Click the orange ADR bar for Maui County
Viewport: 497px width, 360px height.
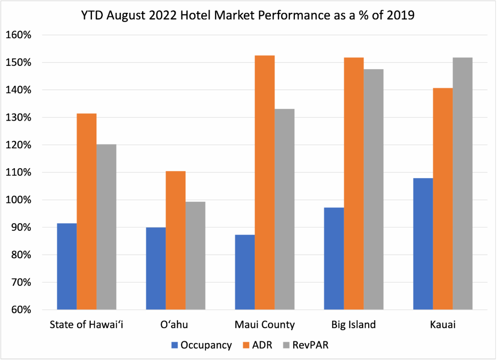point(265,182)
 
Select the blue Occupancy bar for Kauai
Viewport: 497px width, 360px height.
point(423,244)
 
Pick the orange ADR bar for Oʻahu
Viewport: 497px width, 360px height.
point(176,240)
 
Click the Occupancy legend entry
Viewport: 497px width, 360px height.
point(201,345)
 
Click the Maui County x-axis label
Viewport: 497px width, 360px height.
point(265,324)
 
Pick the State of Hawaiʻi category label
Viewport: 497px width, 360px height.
point(87,324)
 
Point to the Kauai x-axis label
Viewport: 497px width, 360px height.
point(443,324)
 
